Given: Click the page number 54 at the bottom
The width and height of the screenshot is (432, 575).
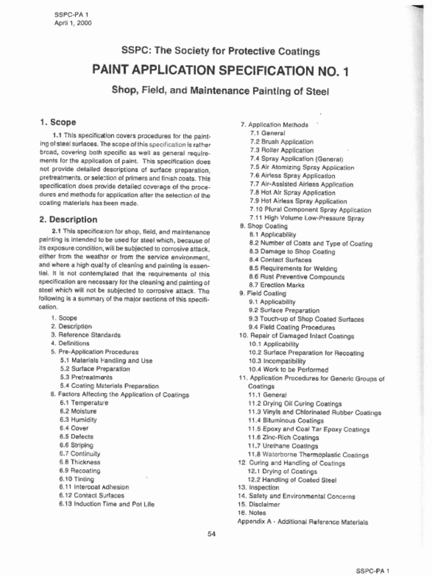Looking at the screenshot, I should (211, 533).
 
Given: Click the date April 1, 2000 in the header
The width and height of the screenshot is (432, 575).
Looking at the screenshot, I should (73, 23).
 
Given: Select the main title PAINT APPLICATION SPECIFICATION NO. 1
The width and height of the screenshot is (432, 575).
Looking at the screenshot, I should (220, 71).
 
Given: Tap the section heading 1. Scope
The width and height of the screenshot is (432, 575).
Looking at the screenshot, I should (58, 122).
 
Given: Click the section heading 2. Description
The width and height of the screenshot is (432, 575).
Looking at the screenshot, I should (68, 220).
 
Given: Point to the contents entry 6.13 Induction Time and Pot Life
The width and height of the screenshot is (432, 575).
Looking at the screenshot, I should (106, 504).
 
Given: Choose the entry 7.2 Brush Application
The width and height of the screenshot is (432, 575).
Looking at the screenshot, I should (281, 142).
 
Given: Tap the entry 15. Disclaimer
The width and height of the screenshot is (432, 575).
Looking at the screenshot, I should (259, 505).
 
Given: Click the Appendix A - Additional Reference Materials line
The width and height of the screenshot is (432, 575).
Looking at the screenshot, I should (303, 522).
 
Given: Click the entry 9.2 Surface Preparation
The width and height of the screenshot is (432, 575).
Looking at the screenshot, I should (283, 311).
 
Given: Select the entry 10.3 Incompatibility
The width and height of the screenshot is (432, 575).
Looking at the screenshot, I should (277, 361).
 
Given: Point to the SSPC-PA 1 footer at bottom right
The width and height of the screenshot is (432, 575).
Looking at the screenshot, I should (372, 571).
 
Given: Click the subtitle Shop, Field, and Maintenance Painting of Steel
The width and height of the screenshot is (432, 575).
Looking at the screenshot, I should (220, 90).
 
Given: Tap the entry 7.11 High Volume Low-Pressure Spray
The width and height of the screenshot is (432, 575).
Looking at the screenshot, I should (307, 218).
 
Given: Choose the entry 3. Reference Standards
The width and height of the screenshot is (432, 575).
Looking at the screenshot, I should (85, 335).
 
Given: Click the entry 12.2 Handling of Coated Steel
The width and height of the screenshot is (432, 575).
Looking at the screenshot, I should (292, 480).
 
